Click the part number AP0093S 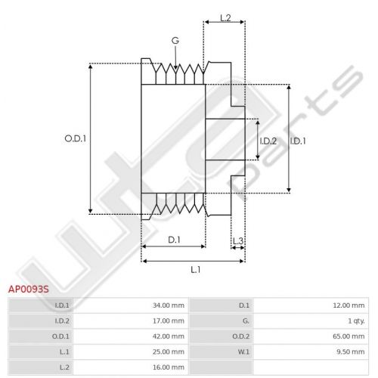coord(29,289)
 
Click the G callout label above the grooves coord(175,41)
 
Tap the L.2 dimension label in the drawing coord(225,18)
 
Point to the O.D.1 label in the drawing coord(76,138)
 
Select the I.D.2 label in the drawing coord(268,141)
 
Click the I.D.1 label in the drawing coord(298,141)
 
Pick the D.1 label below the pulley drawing coord(174,240)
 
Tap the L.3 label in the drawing coord(238,241)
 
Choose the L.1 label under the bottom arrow coord(195,270)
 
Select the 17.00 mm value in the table coord(169,321)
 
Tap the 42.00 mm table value coord(169,336)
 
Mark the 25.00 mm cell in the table coord(169,352)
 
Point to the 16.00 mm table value coord(169,367)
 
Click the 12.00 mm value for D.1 coord(349,305)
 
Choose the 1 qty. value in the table coord(356,321)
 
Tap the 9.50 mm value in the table coord(351,352)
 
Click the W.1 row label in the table coord(243,352)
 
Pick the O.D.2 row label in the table coord(241,336)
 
